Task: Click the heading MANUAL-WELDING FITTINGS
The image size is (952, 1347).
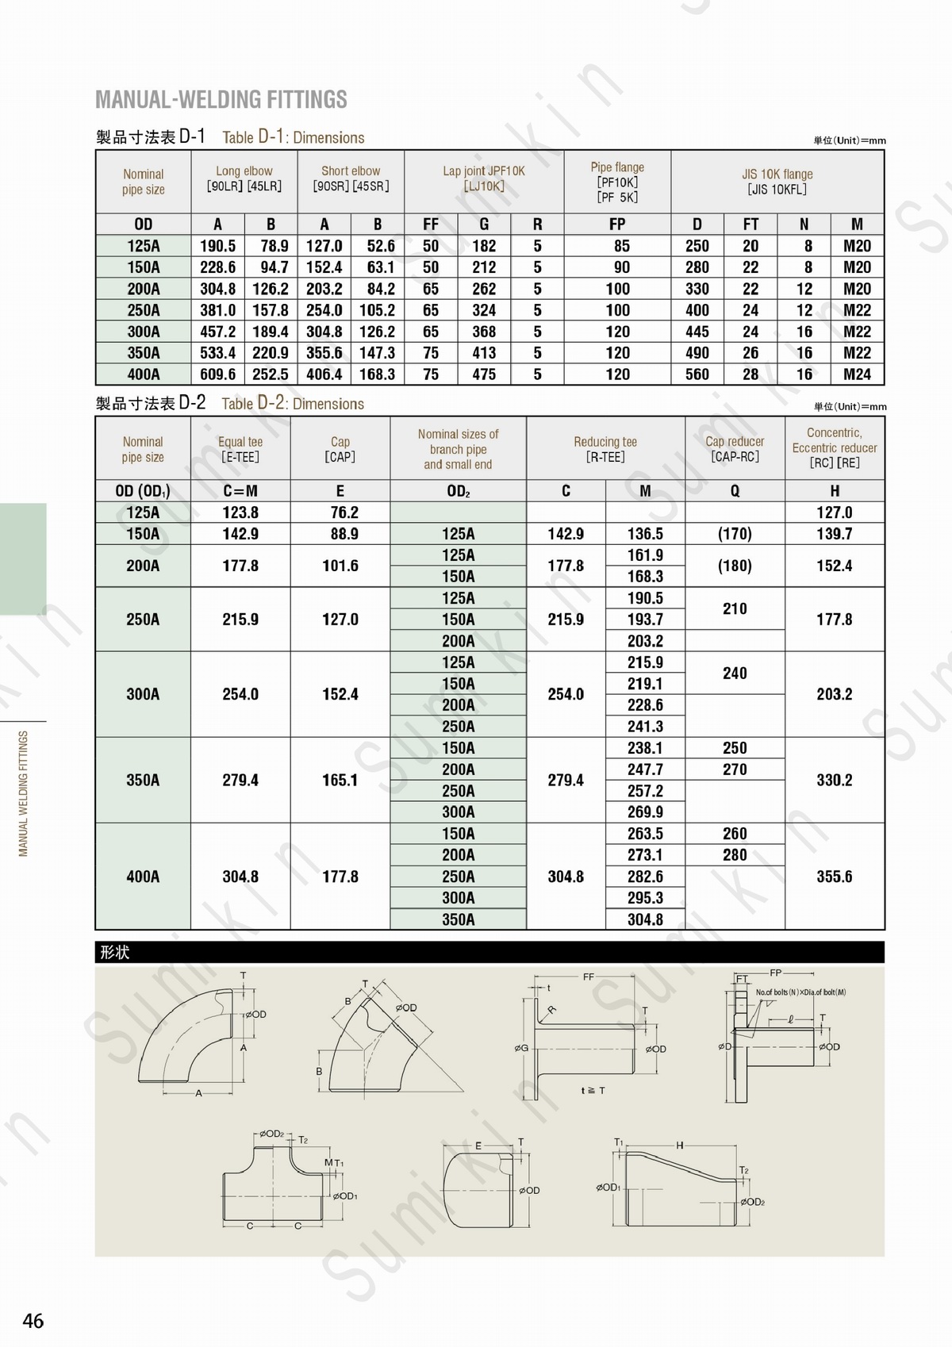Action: coord(221,99)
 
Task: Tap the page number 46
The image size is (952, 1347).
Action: coord(33,1321)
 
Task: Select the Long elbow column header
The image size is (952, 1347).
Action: coord(244,178)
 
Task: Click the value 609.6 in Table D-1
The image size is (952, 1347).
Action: coord(217,374)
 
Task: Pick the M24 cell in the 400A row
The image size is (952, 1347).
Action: coord(857,374)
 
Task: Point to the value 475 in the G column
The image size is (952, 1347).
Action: coord(484,374)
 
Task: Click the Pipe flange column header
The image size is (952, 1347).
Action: coord(617,182)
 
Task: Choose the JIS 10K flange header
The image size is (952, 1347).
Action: coord(777,182)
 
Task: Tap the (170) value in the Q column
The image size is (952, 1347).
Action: coord(735,534)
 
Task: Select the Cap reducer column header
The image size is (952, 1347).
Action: coord(735,448)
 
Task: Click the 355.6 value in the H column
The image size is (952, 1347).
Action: coord(835,877)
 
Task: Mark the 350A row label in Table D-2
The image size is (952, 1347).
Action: coord(143,781)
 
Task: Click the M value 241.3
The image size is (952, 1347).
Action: coord(645,727)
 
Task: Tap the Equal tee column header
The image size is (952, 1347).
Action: coord(240,448)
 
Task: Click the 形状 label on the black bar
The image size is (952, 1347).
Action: coord(115,953)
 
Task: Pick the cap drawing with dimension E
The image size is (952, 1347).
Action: coord(480,1190)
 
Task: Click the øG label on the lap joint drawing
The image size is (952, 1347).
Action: coord(521,1049)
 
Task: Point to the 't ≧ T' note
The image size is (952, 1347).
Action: coord(593,1091)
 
